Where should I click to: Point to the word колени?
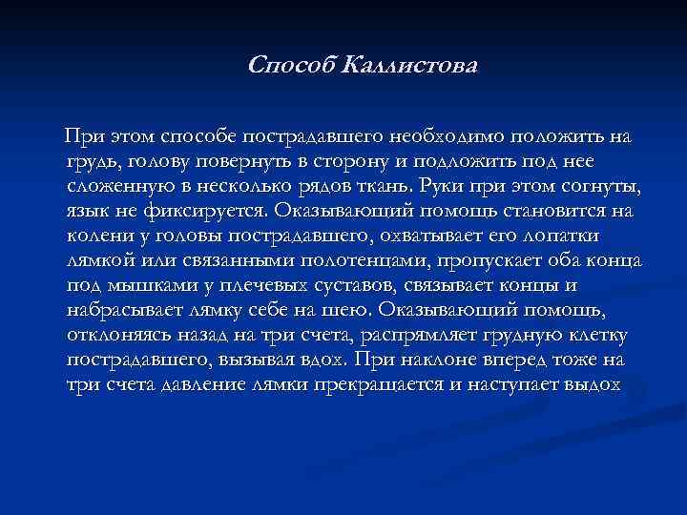point(99,234)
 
